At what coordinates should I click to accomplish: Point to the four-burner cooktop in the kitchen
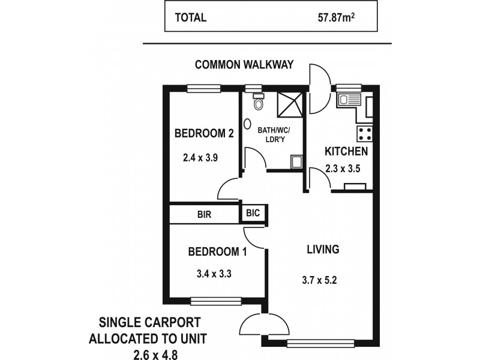tap(364, 133)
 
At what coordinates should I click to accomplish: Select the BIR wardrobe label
tap(204, 214)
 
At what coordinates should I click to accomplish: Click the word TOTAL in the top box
tap(191, 17)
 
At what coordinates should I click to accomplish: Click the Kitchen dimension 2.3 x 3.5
tap(343, 169)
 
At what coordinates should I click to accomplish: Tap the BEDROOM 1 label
tap(217, 251)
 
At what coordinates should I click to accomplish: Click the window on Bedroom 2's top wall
tap(204, 89)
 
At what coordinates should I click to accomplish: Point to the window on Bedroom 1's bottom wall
tap(216, 301)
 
